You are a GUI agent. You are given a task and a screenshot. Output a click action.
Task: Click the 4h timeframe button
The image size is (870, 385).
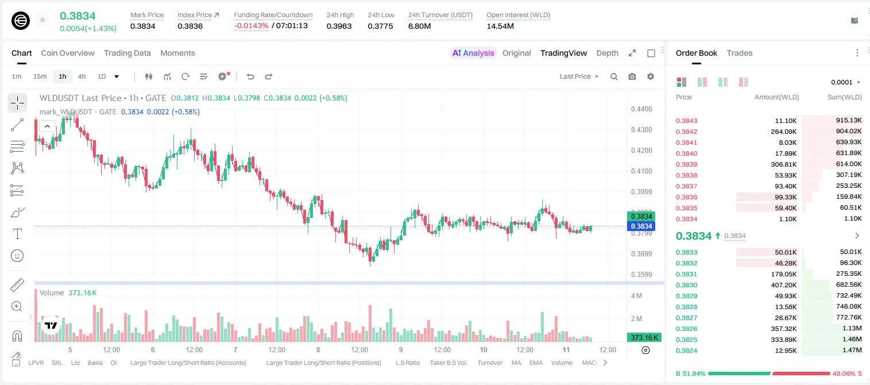pyautogui.click(x=82, y=76)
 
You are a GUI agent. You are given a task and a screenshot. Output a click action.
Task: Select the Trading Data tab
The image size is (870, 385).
pyautogui.click(x=127, y=53)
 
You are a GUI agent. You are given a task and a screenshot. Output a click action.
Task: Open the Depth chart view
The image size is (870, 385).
pyautogui.click(x=607, y=53)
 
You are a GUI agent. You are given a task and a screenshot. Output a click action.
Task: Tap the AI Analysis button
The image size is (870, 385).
pyautogui.click(x=473, y=53)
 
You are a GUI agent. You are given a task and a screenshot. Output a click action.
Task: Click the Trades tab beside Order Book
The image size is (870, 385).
pyautogui.click(x=740, y=53)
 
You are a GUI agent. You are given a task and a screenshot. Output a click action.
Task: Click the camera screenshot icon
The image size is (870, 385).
pyautogui.click(x=632, y=76)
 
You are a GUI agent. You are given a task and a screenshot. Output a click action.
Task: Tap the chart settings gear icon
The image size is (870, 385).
pyautogui.click(x=651, y=76)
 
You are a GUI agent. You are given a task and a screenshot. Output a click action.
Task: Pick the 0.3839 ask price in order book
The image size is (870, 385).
pyautogui.click(x=687, y=164)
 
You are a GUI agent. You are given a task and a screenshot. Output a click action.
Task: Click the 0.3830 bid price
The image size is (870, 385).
pyautogui.click(x=687, y=285)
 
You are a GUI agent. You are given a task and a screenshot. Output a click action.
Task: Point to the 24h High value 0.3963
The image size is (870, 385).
pyautogui.click(x=339, y=26)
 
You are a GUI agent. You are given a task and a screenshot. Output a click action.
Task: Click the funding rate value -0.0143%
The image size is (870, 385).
pyautogui.click(x=252, y=26)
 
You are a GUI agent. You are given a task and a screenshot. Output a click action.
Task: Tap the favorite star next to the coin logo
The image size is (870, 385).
pyautogui.click(x=42, y=20)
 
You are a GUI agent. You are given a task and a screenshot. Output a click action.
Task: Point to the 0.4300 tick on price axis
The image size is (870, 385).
pyautogui.click(x=641, y=130)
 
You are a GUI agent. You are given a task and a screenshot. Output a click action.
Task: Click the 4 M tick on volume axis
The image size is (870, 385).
pyautogui.click(x=637, y=296)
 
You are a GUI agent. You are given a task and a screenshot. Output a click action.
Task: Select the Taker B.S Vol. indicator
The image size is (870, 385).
pyautogui.click(x=448, y=363)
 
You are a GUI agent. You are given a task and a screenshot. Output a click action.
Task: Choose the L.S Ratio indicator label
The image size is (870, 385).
pyautogui.click(x=408, y=363)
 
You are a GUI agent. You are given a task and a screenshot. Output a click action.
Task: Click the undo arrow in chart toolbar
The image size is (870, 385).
pyautogui.click(x=250, y=76)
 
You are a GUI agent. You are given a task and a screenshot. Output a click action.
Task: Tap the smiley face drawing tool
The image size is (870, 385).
pyautogui.click(x=17, y=256)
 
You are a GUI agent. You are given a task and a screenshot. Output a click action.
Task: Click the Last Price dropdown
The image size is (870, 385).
pyautogui.click(x=579, y=76)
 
